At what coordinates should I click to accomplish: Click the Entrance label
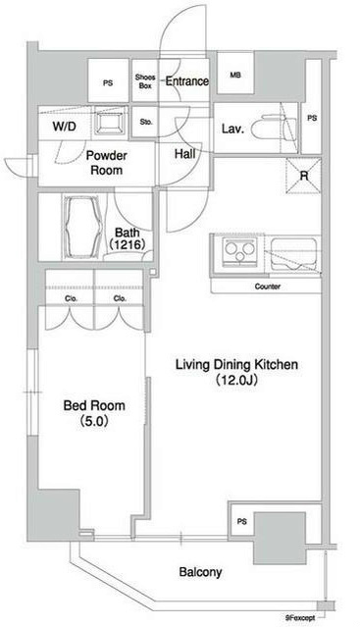(187, 81)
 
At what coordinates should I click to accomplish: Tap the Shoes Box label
(145, 81)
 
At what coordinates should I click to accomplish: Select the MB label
(235, 75)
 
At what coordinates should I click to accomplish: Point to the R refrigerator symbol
(304, 176)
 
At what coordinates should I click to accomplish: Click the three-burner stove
(239, 251)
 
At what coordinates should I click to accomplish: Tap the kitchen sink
(293, 253)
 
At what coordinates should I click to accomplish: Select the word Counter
(268, 287)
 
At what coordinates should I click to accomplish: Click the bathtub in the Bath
(82, 227)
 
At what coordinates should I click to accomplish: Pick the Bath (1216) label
(128, 238)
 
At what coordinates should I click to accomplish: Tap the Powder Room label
(106, 163)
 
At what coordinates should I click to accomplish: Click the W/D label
(65, 128)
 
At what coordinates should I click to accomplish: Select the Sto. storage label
(146, 123)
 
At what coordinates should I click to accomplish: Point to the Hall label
(185, 153)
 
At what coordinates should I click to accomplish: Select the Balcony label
(200, 572)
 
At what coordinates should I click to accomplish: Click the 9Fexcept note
(299, 618)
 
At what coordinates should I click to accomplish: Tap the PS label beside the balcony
(241, 521)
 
